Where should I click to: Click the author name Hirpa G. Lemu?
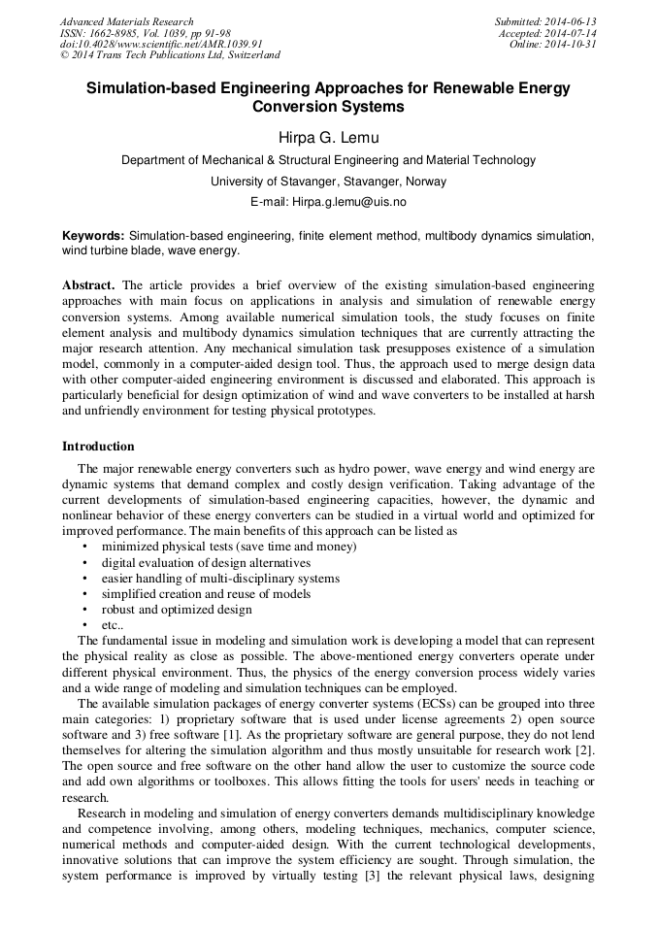(x=328, y=138)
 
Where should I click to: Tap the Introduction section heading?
(x=98, y=447)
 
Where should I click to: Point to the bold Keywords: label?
(x=93, y=236)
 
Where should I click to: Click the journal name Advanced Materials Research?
(x=126, y=21)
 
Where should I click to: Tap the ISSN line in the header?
(x=145, y=33)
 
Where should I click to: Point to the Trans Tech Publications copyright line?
(x=170, y=56)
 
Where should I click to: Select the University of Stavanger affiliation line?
(x=328, y=182)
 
